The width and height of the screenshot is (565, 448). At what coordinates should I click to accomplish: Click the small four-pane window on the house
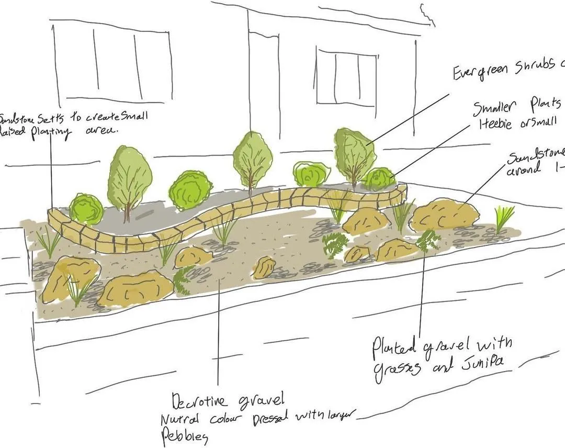[346, 77]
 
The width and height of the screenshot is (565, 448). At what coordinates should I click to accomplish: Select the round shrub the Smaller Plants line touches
[379, 179]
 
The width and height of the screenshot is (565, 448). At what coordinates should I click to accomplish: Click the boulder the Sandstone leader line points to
[445, 215]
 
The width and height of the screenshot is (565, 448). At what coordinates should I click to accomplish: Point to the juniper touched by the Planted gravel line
[428, 240]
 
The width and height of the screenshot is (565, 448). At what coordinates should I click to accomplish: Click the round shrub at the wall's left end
[86, 209]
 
